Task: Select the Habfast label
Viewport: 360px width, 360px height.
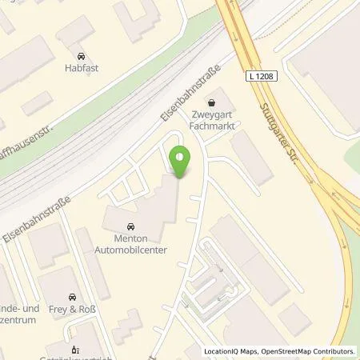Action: pyautogui.click(x=81, y=69)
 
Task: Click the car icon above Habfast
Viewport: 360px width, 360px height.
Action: pyautogui.click(x=81, y=56)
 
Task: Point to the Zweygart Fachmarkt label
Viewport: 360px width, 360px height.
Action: pyautogui.click(x=212, y=118)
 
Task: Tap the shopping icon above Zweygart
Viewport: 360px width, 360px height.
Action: pyautogui.click(x=212, y=102)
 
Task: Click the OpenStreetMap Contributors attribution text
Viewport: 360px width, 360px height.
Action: pyautogui.click(x=314, y=351)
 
